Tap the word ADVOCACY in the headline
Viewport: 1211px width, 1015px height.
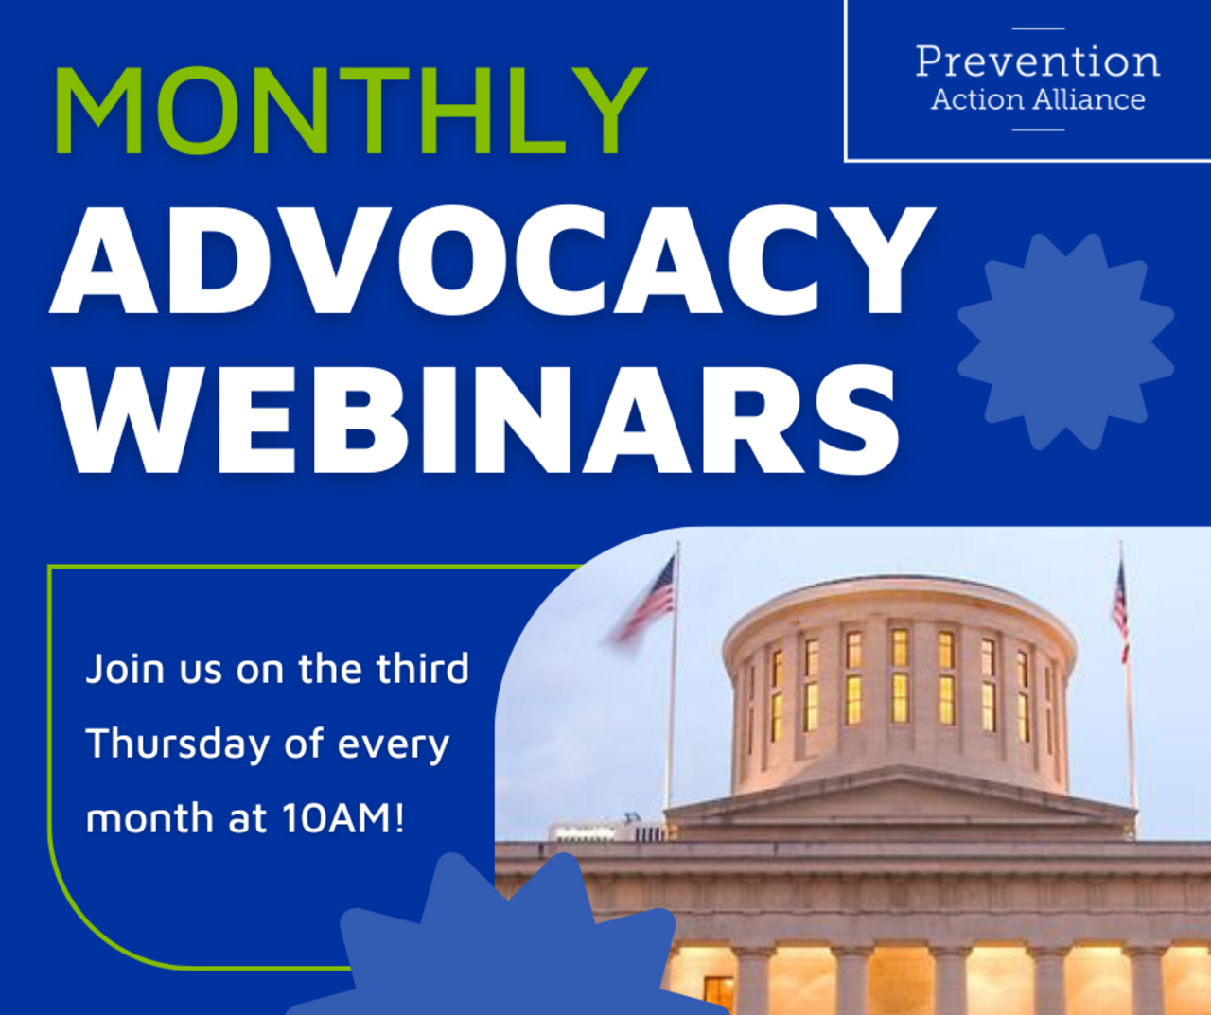click(x=492, y=260)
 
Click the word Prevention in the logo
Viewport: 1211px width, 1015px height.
click(x=1037, y=62)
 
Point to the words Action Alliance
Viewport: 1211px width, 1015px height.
click(x=1037, y=99)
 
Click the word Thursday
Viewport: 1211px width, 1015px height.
click(x=178, y=744)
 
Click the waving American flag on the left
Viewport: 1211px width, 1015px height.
click(x=647, y=601)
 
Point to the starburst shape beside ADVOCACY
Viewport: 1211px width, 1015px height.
click(x=1066, y=341)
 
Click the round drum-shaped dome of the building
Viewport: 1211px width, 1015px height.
click(x=899, y=681)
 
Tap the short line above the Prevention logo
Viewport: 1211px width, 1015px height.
click(x=1038, y=29)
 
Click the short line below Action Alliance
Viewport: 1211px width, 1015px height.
click(x=1038, y=129)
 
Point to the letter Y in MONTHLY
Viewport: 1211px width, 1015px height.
click(x=605, y=112)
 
